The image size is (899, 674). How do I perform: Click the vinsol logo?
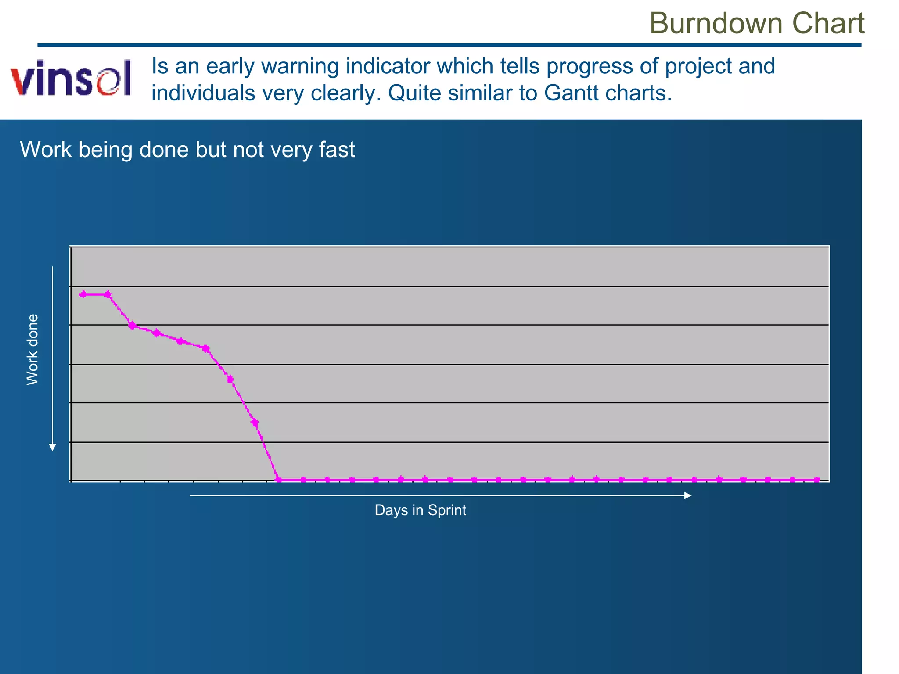coord(72,78)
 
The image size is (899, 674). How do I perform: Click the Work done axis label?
coord(32,350)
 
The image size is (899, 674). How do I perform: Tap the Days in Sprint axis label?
coord(420,510)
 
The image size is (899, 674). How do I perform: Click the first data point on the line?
coord(83,294)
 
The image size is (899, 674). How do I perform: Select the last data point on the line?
coord(816,480)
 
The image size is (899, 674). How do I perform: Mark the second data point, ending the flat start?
coord(108,294)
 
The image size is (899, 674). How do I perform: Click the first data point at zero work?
coord(278,480)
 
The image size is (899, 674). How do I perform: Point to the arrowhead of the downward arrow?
coord(53,448)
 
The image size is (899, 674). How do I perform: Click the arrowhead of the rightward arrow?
coord(688,495)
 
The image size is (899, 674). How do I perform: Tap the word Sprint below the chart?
coord(447,510)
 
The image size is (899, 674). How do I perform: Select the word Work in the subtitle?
coord(46,150)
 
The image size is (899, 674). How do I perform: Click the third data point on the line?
coord(132,325)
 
